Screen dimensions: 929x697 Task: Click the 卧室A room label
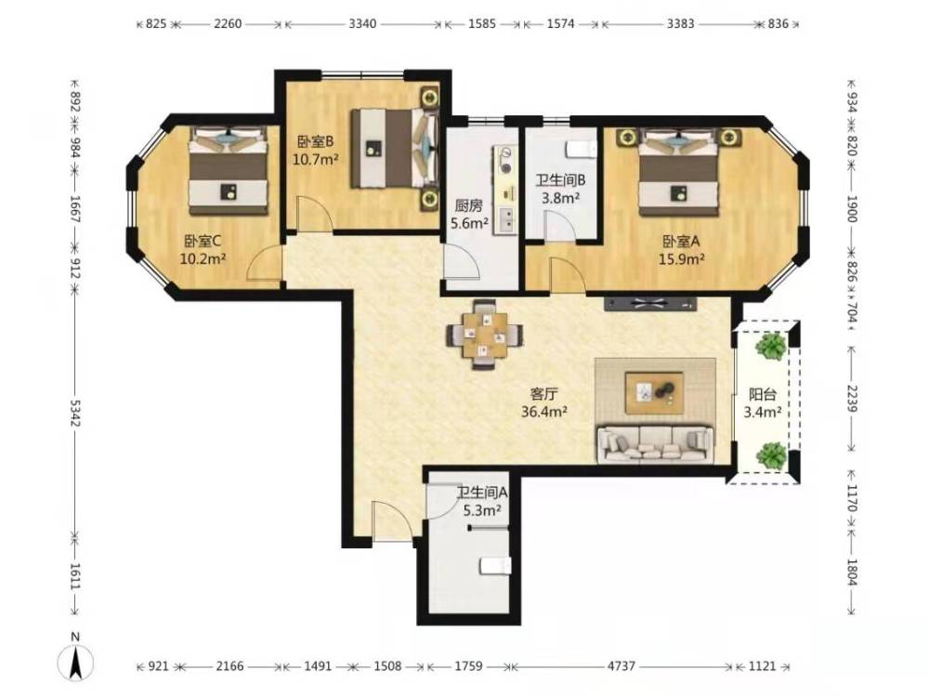(681, 242)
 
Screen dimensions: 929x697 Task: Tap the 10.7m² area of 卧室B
(316, 159)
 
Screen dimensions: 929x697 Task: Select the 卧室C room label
(203, 242)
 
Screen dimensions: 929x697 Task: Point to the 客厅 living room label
(543, 393)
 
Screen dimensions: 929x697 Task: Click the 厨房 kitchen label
(468, 205)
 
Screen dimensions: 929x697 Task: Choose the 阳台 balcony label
(762, 394)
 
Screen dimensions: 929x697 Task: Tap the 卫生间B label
(560, 179)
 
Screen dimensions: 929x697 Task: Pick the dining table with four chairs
(485, 335)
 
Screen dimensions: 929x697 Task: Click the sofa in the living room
(655, 443)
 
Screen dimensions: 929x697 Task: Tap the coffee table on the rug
(655, 392)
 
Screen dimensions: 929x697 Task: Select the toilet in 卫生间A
(495, 566)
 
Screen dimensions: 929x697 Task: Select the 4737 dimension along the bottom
(621, 666)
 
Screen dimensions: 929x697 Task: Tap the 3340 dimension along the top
(362, 24)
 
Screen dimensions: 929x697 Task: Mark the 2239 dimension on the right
(852, 400)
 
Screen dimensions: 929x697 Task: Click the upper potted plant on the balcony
(771, 346)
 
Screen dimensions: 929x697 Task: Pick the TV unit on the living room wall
(650, 304)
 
